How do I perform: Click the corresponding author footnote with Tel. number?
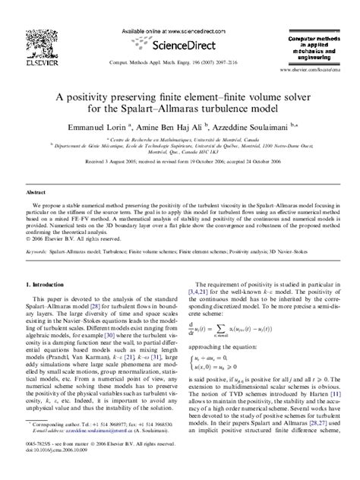[x=90, y=444]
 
